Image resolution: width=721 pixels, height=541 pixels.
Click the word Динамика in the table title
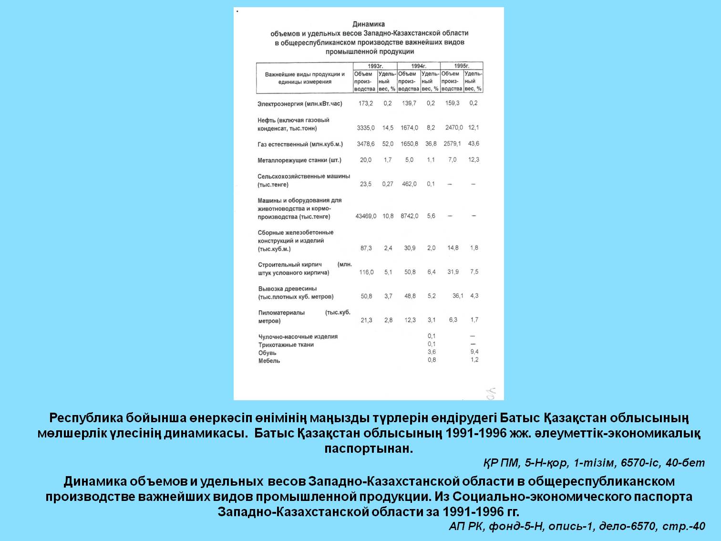click(369, 24)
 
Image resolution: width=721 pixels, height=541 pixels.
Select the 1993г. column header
click(375, 66)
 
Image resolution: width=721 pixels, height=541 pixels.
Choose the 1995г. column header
click(461, 66)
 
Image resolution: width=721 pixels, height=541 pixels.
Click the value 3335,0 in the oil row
click(366, 128)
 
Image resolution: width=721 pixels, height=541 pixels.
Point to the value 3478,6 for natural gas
click(366, 144)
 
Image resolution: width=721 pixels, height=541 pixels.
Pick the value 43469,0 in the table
click(366, 216)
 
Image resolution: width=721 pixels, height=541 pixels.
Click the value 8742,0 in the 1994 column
click(410, 216)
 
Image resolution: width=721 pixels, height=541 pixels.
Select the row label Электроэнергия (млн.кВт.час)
click(300, 104)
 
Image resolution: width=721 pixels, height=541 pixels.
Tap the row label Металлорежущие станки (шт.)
click(299, 160)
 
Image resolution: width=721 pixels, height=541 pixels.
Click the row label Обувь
click(267, 353)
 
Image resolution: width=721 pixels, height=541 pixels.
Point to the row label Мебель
click(269, 361)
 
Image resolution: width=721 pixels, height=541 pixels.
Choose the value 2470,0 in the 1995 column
click(453, 128)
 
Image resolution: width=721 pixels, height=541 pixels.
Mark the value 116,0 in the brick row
click(366, 272)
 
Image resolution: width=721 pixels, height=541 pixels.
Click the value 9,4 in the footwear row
click(474, 352)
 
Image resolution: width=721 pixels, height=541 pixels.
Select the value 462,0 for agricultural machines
click(409, 184)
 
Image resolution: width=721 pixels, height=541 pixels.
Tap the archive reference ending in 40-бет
click(594, 463)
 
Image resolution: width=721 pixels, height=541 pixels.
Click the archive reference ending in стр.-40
click(577, 526)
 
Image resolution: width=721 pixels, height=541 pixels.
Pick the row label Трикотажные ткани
click(286, 345)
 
